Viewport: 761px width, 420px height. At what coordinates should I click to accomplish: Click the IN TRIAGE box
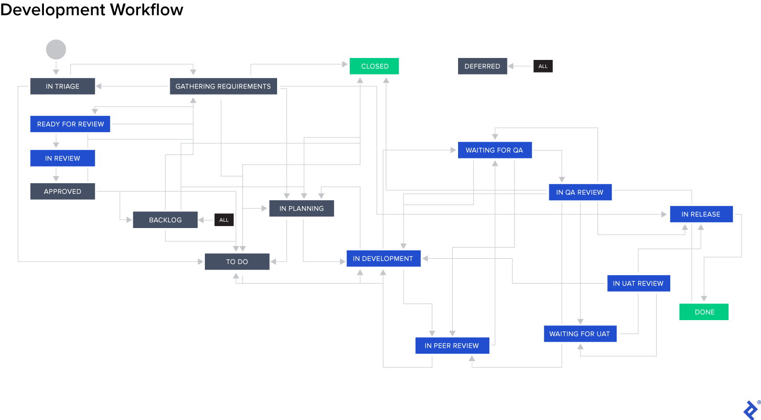click(62, 86)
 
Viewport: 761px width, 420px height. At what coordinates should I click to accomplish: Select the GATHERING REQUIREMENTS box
click(223, 86)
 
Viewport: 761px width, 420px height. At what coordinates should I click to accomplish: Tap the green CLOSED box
click(374, 66)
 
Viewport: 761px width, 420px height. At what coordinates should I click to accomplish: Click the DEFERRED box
click(482, 66)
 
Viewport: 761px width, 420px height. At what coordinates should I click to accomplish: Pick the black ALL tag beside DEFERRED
click(543, 66)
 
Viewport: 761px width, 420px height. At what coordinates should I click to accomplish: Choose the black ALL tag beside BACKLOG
click(224, 220)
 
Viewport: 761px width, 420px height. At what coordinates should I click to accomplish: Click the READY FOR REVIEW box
click(70, 124)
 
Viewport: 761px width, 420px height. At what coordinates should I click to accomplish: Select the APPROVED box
click(62, 191)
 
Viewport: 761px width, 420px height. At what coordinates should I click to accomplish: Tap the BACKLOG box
click(165, 220)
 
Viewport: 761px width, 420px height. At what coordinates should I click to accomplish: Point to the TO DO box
click(237, 262)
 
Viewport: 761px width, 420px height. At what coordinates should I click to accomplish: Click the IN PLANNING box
click(301, 209)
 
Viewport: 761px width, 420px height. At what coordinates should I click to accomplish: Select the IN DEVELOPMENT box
click(383, 259)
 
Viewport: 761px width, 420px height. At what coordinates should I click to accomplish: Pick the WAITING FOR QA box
click(494, 150)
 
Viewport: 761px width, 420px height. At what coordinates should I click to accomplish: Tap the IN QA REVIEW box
click(580, 192)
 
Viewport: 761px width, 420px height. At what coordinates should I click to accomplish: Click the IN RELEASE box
click(701, 214)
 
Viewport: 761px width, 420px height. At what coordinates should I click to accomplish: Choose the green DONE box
click(704, 312)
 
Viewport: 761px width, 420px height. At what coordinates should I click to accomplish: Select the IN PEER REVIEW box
click(452, 345)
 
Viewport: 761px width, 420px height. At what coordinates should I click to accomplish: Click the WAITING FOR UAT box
click(580, 334)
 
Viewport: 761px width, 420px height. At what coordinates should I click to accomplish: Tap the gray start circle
click(56, 50)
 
